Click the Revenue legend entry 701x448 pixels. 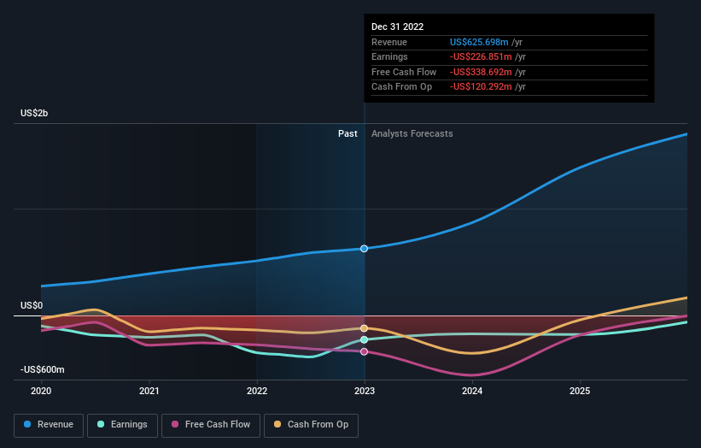click(x=49, y=424)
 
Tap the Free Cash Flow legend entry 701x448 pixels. click(x=210, y=424)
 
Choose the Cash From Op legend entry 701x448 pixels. click(x=311, y=424)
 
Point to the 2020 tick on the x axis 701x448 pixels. click(x=41, y=391)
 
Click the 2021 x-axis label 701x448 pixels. click(x=149, y=391)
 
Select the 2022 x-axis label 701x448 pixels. click(x=257, y=391)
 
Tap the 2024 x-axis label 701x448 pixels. click(x=472, y=391)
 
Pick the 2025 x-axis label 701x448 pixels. click(x=580, y=391)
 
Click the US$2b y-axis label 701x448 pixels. click(x=35, y=114)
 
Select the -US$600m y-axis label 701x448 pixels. click(x=42, y=369)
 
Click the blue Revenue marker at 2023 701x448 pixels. click(x=365, y=249)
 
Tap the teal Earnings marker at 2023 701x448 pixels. click(x=365, y=339)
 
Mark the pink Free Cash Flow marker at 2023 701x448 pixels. click(x=365, y=351)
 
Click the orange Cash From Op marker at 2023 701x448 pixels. click(x=365, y=328)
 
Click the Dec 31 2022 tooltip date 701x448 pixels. click(x=397, y=27)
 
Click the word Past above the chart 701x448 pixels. click(x=348, y=133)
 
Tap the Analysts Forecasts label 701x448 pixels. click(x=412, y=133)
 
